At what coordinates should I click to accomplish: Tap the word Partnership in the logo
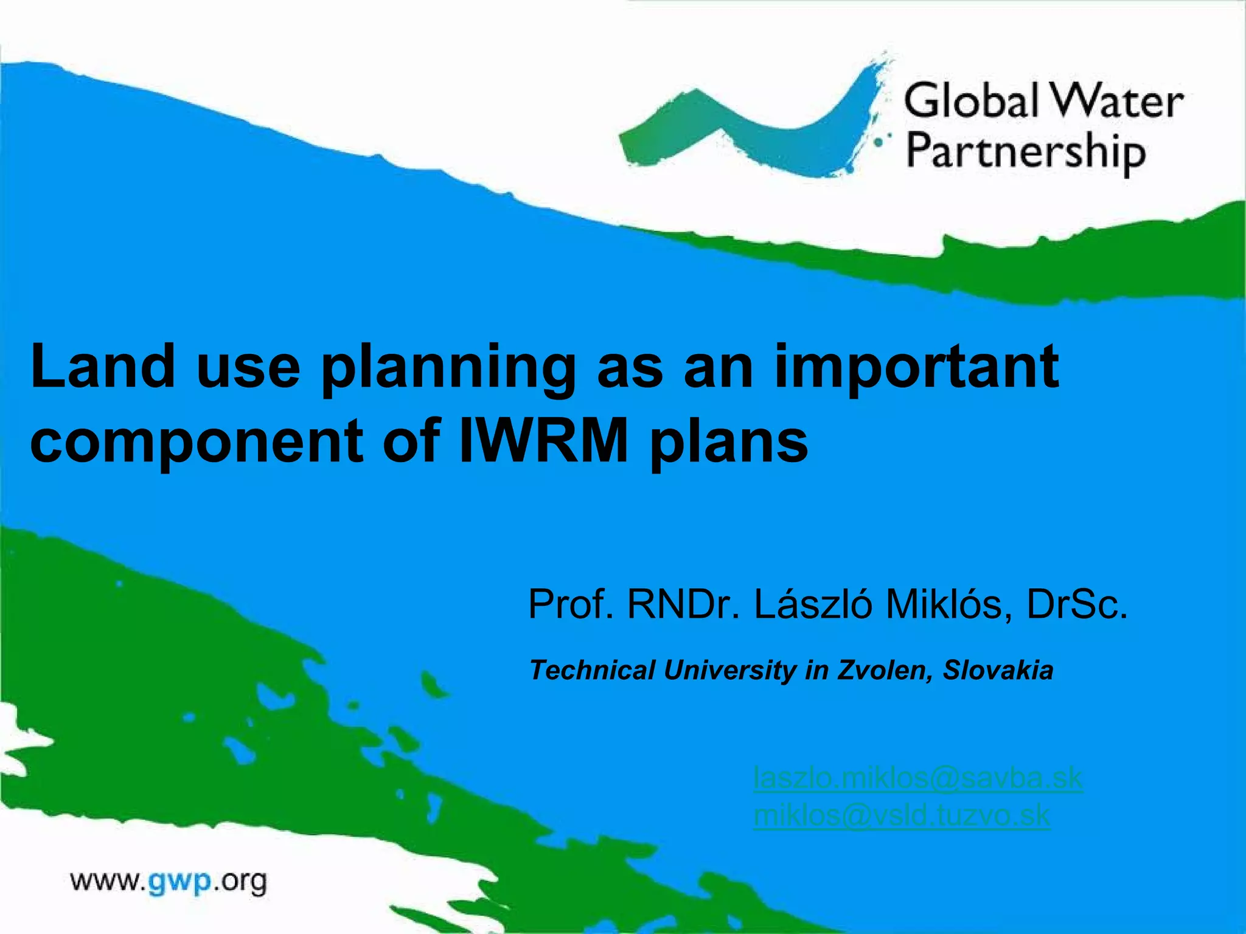(x=1026, y=153)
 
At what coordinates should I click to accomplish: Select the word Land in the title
(x=103, y=366)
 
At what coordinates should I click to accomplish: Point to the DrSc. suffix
(x=1077, y=604)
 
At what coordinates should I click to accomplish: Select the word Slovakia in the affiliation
(x=998, y=670)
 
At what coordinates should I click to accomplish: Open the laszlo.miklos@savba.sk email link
(x=917, y=778)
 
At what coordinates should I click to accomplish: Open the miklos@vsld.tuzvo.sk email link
(x=901, y=815)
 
